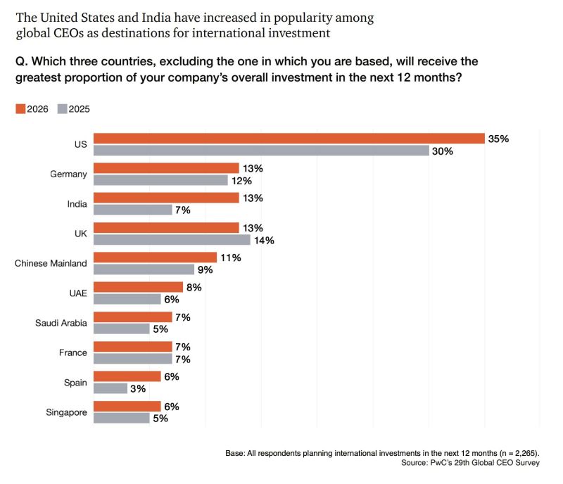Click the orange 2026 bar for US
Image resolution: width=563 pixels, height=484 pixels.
289,139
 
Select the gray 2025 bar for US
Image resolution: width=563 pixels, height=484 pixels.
261,151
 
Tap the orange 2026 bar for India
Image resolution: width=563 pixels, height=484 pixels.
166,198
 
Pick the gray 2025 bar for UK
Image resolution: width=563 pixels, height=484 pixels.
172,240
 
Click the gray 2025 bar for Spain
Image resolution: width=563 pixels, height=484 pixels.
110,388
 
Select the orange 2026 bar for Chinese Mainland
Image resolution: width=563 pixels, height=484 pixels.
155,257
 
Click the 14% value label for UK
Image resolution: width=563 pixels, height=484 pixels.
265,240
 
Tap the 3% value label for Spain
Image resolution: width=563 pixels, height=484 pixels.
138,388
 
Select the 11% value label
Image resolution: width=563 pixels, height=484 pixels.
231,257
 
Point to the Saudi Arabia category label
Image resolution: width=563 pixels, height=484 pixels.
61,323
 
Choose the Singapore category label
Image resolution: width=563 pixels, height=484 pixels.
65,412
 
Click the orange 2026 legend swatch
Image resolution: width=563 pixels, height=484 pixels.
20,108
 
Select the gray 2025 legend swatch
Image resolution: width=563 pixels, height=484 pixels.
62,108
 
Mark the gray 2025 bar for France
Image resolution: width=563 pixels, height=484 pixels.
132,359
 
